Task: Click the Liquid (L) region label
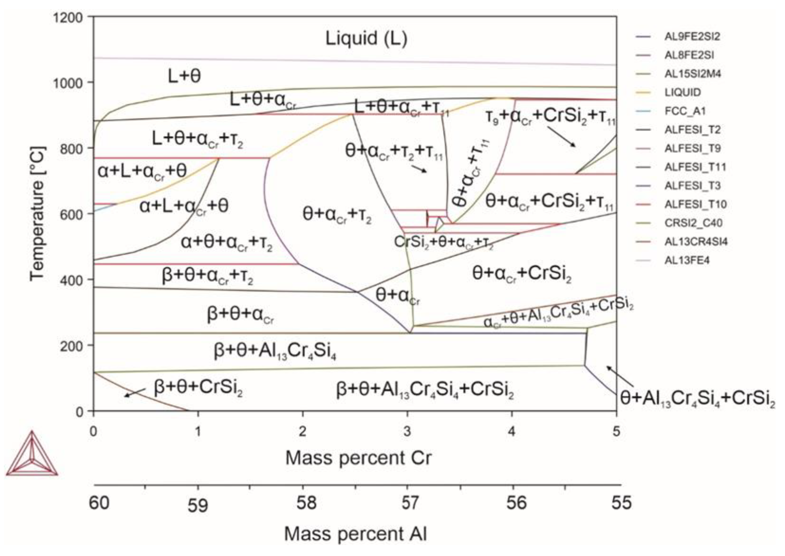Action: [x=366, y=38]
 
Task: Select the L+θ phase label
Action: [x=184, y=76]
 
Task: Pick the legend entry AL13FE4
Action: [x=687, y=261]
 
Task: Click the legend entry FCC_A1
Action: [x=685, y=111]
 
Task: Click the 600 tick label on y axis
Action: [x=71, y=214]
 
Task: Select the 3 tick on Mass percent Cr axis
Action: [x=407, y=431]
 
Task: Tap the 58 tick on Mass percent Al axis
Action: [x=306, y=503]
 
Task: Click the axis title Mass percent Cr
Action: [x=358, y=458]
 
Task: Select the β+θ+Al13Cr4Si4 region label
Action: [x=275, y=352]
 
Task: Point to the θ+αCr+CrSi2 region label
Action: [x=521, y=274]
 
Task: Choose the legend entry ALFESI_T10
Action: [x=695, y=204]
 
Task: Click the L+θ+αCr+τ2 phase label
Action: [x=197, y=140]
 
